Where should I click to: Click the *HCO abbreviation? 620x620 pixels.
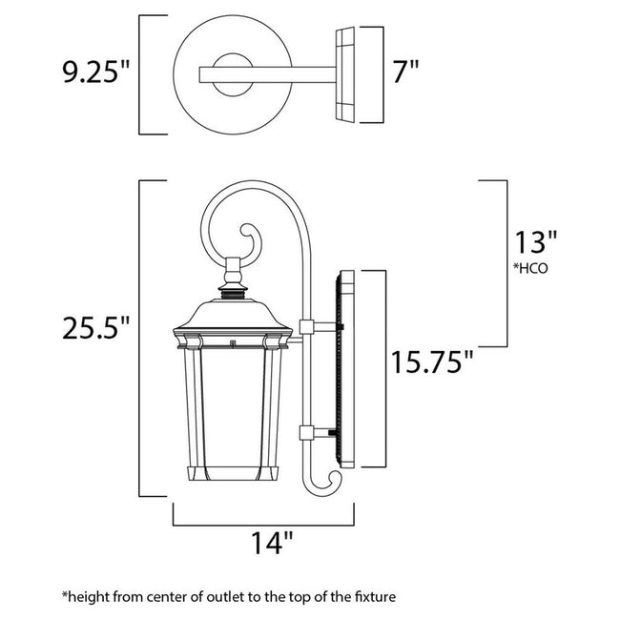pyautogui.click(x=531, y=268)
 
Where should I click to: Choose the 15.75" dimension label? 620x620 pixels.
pyautogui.click(x=430, y=362)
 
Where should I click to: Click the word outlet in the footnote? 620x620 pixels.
pyautogui.click(x=228, y=596)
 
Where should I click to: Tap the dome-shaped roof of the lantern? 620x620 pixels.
pyautogui.click(x=232, y=310)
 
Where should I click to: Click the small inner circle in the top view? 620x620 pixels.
pyautogui.click(x=230, y=74)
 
